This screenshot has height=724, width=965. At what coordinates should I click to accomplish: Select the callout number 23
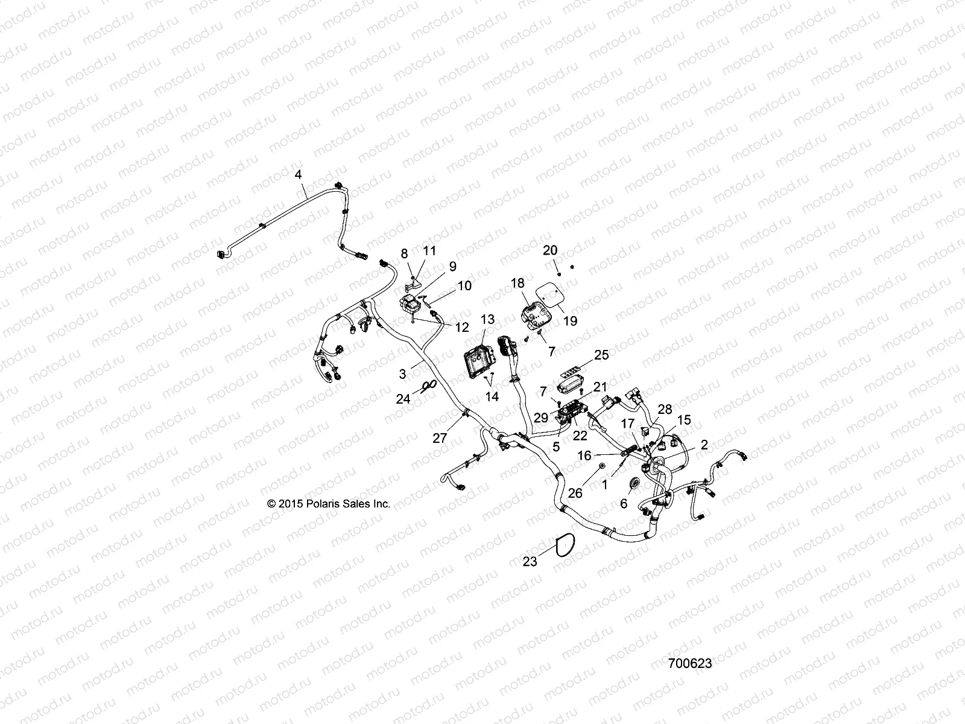[x=530, y=562]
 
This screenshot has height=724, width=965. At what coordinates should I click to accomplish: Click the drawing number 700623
[x=690, y=663]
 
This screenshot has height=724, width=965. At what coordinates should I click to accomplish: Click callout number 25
[x=601, y=355]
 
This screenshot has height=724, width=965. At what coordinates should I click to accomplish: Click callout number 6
[x=624, y=503]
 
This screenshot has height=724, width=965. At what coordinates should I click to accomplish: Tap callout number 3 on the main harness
[x=403, y=373]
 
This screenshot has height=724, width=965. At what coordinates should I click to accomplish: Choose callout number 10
[x=464, y=285]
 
